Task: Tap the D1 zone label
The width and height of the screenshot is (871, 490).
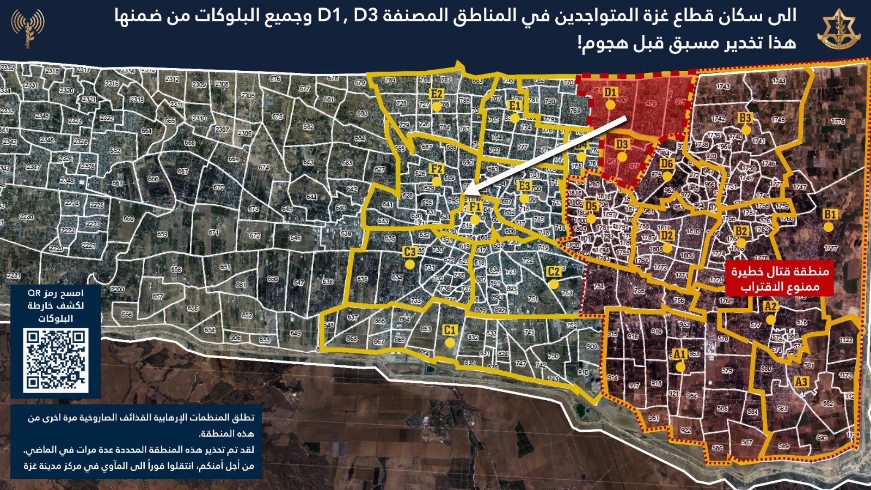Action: [610, 92]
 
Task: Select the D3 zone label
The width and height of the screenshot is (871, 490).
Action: [622, 144]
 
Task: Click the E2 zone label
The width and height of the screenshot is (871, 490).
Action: [436, 94]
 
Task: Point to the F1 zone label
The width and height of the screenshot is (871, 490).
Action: [475, 207]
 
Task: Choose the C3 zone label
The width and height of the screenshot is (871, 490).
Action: [409, 252]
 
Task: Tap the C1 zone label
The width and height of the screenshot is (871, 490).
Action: [449, 330]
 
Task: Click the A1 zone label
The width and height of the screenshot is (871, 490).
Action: [679, 354]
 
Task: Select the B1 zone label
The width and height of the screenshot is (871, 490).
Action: [829, 215]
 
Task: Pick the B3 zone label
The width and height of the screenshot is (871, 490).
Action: [745, 118]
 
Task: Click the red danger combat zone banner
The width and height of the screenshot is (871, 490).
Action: [780, 279]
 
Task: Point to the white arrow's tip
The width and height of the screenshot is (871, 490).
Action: [467, 192]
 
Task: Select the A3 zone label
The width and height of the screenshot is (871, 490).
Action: [801, 382]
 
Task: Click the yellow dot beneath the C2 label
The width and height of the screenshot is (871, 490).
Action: [554, 284]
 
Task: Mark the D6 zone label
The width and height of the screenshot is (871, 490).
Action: [666, 164]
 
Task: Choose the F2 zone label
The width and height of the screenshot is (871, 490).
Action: [436, 169]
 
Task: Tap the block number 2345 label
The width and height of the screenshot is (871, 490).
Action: [42, 117]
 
